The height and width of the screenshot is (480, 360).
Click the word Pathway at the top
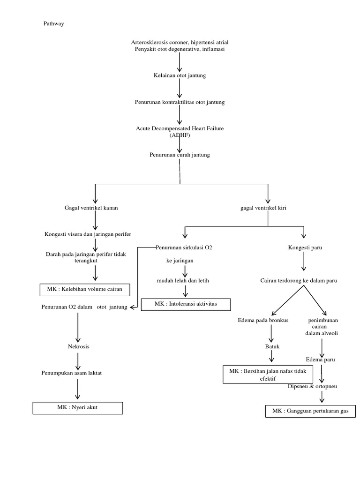tap(53, 24)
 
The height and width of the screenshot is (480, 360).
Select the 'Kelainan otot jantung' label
tap(180, 75)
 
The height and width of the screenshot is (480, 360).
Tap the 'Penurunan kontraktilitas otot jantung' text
tap(180, 102)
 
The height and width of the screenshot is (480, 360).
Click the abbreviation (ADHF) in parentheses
tap(180, 135)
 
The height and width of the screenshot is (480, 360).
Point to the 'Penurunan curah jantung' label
tap(180, 154)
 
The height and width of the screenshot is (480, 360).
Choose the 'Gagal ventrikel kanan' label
tap(91, 208)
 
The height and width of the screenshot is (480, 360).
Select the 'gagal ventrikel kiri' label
tap(263, 208)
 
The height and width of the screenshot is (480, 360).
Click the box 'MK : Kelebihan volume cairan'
tap(84, 290)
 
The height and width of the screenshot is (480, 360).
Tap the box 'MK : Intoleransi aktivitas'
tap(186, 305)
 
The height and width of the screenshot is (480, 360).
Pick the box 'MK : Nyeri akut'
tap(78, 408)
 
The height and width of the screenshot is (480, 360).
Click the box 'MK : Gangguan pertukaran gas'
tap(310, 411)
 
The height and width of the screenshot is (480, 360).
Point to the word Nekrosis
tap(78, 346)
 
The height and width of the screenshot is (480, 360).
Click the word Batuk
tap(272, 346)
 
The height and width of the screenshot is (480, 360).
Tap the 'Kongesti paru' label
tap(305, 247)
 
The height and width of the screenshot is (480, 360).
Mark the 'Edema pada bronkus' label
tap(263, 320)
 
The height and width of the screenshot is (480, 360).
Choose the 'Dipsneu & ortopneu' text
tap(312, 386)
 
